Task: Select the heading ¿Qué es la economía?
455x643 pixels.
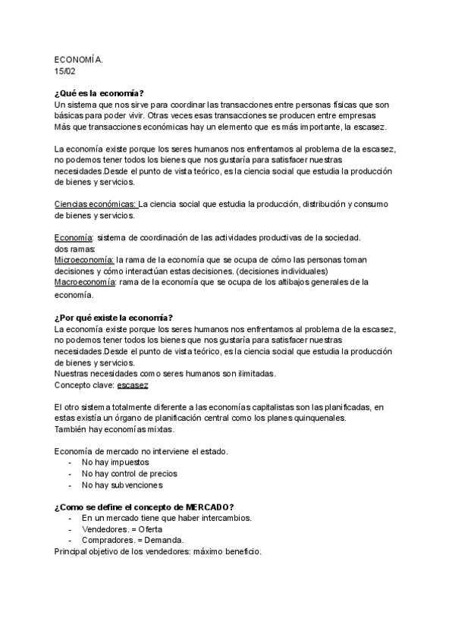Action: pos(99,93)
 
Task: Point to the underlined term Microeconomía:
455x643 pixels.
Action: pos(84,259)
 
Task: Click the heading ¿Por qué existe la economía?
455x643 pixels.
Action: pos(114,317)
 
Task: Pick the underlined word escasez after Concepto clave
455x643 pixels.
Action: pos(133,384)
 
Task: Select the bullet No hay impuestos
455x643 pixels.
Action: pos(115,462)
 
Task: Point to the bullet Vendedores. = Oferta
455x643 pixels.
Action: pos(122,529)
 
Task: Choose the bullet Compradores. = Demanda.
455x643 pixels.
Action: pos(130,541)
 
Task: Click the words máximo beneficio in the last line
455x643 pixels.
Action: pos(227,552)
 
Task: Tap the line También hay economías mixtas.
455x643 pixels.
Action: pos(115,429)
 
